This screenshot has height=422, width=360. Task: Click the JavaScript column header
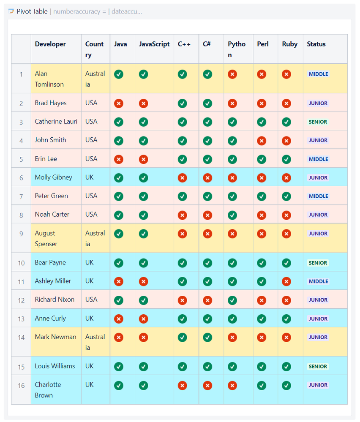pyautogui.click(x=154, y=44)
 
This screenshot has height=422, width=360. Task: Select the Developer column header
pyautogui.click(x=50, y=44)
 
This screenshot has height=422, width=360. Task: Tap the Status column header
pyautogui.click(x=316, y=44)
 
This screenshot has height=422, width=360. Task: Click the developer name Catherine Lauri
pyautogui.click(x=56, y=122)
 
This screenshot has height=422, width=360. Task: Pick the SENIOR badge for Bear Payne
pyautogui.click(x=318, y=263)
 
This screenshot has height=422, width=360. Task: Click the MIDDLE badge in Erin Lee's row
pyautogui.click(x=318, y=159)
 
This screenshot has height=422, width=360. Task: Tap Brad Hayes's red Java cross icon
pyautogui.click(x=119, y=103)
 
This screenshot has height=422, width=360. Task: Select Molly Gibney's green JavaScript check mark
pyautogui.click(x=144, y=178)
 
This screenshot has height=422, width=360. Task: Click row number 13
pyautogui.click(x=21, y=319)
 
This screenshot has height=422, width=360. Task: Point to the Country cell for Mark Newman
pyautogui.click(x=95, y=342)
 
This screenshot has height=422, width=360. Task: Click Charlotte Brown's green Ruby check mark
pyautogui.click(x=286, y=385)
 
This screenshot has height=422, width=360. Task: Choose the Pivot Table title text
pyautogui.click(x=32, y=11)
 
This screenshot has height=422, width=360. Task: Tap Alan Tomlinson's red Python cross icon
pyautogui.click(x=232, y=74)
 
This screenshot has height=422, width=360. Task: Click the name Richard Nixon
pyautogui.click(x=55, y=299)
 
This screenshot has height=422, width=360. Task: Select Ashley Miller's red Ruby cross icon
pyautogui.click(x=286, y=281)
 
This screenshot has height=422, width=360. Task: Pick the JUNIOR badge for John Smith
pyautogui.click(x=318, y=140)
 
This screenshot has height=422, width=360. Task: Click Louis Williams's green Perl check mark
pyautogui.click(x=262, y=367)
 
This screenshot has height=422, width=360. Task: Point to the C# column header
pyautogui.click(x=207, y=44)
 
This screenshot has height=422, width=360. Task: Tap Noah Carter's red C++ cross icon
pyautogui.click(x=182, y=215)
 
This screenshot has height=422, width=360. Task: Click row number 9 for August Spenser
pyautogui.click(x=21, y=234)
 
